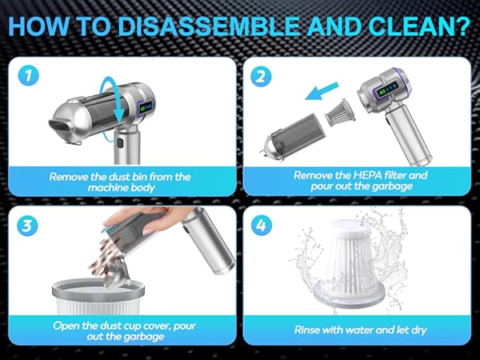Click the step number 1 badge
tap(30, 77)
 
